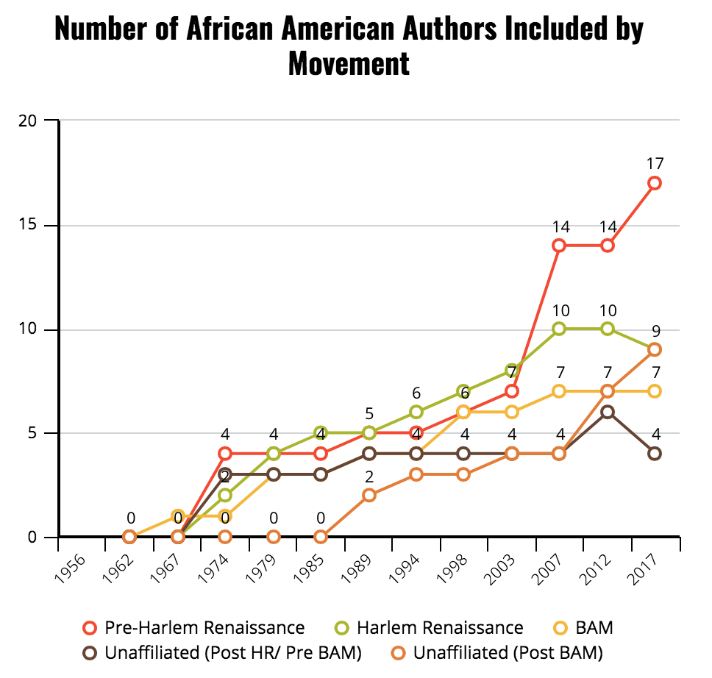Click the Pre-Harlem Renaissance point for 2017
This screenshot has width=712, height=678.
tap(655, 183)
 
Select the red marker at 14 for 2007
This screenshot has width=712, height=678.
tap(559, 246)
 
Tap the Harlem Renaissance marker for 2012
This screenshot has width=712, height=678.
tap(607, 329)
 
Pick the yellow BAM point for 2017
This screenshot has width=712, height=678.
tap(655, 391)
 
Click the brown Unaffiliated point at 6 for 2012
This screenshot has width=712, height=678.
tap(607, 412)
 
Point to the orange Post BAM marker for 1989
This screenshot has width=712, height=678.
tap(369, 495)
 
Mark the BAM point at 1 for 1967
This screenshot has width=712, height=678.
tap(177, 516)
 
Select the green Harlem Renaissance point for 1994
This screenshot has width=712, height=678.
tap(416, 412)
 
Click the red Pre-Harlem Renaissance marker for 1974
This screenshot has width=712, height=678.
tap(225, 454)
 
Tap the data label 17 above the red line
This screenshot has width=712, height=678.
tap(655, 163)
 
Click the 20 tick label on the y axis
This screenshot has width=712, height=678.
tap(29, 121)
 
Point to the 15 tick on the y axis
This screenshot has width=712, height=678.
tap(29, 225)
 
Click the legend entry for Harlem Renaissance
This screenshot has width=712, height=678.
tap(440, 627)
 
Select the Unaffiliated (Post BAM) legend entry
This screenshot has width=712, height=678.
tap(508, 652)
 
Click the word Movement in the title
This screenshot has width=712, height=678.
tap(349, 63)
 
